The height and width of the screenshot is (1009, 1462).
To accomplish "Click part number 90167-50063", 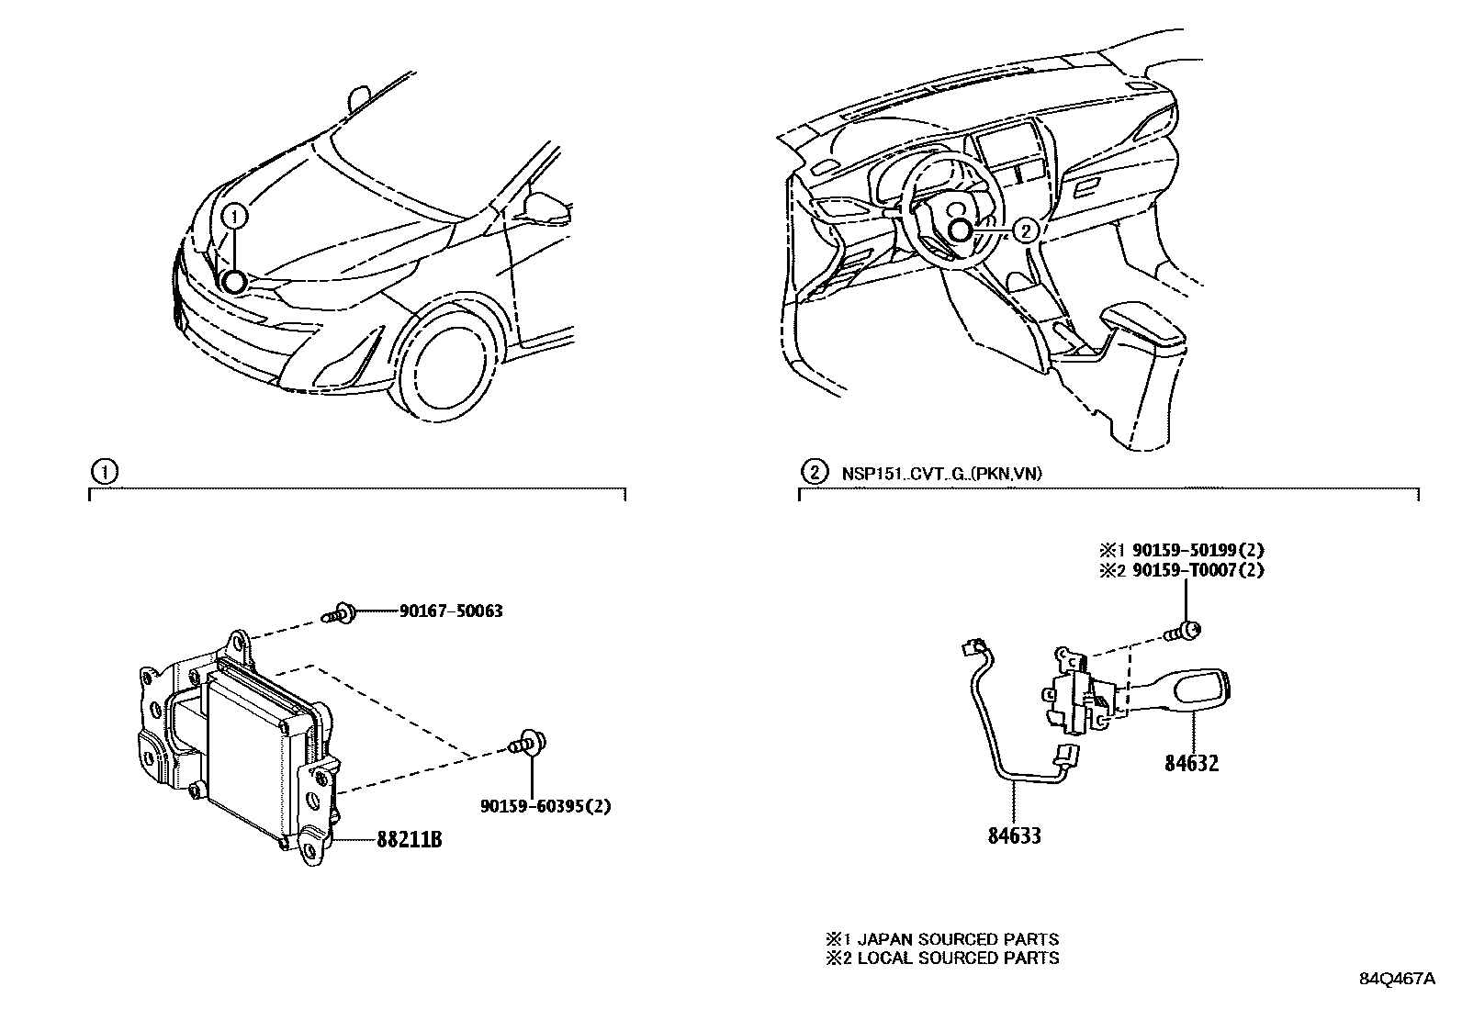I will point(451,611).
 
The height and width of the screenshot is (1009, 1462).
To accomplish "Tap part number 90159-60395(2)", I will point(545,806).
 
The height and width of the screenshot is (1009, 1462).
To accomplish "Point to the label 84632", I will point(1192,762).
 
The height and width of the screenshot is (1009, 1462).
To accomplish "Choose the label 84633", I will point(1014,835).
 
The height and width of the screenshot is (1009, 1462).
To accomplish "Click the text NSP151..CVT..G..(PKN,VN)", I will point(941,474).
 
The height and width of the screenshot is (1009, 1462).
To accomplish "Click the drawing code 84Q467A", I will point(1397,979).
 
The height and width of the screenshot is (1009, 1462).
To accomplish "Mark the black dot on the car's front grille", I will point(234,282).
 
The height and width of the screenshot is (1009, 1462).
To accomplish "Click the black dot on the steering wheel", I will point(960,231).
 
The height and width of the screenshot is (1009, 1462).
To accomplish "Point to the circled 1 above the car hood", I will point(235,217).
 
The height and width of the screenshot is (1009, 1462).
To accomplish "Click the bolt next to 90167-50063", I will point(341,611).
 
